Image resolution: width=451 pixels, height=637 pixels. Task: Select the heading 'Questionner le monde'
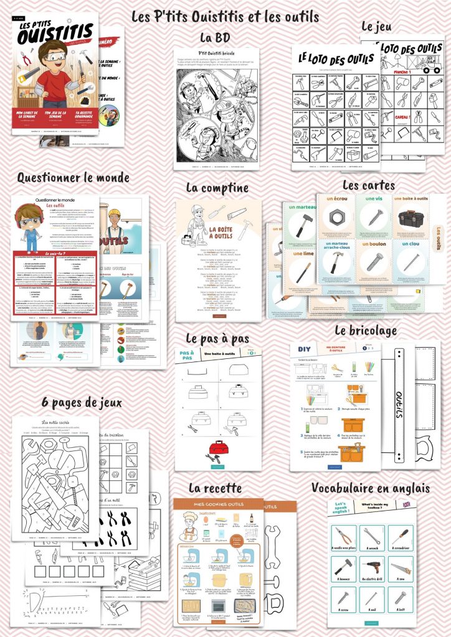click(73, 178)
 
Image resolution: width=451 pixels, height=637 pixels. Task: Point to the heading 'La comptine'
click(217, 187)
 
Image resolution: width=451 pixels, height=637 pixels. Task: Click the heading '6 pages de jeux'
click(82, 402)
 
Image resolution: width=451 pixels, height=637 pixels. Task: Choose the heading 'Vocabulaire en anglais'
click(370, 488)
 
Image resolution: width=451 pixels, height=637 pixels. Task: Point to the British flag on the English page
click(407, 505)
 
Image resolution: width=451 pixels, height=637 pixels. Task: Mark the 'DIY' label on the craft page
click(305, 350)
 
